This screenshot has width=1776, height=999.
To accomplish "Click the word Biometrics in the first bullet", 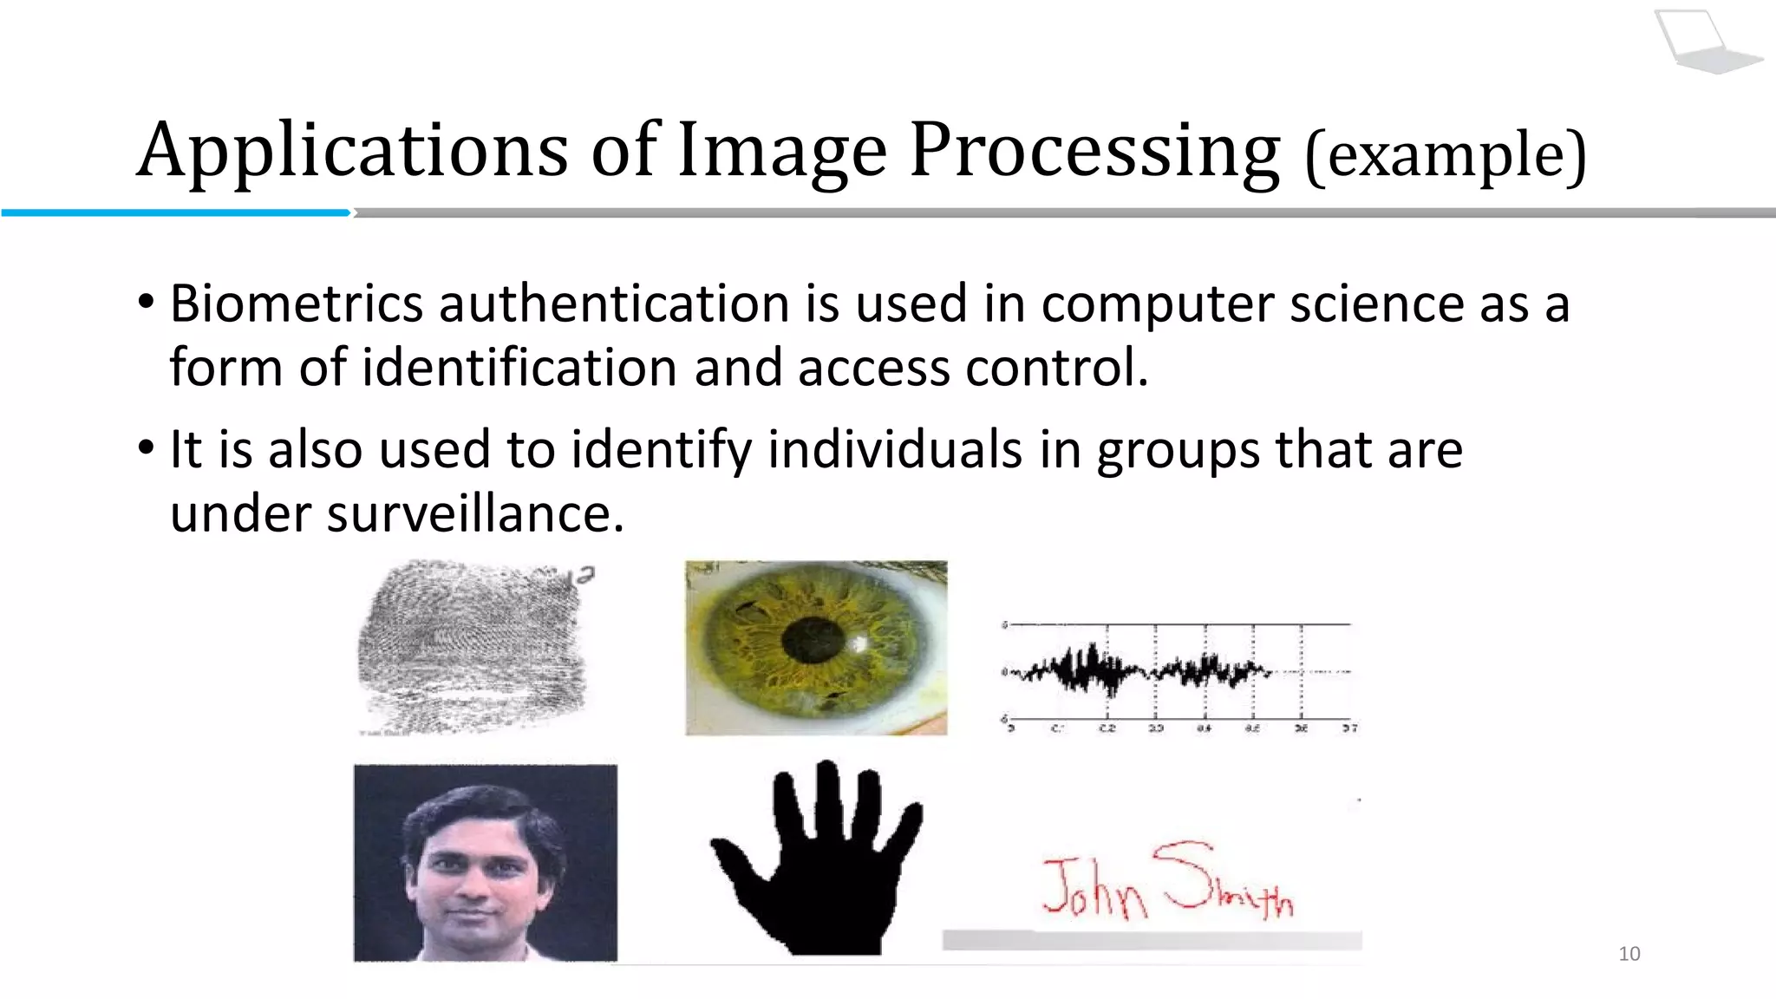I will coord(296,304).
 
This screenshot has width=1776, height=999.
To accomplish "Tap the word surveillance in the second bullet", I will coord(474,513).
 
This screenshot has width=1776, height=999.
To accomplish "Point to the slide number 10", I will coord(1629,954).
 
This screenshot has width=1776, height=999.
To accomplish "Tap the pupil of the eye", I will coord(813,641).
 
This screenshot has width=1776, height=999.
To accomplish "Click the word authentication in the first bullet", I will coord(614,304).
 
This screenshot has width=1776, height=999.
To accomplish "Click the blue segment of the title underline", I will coord(173,212).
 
